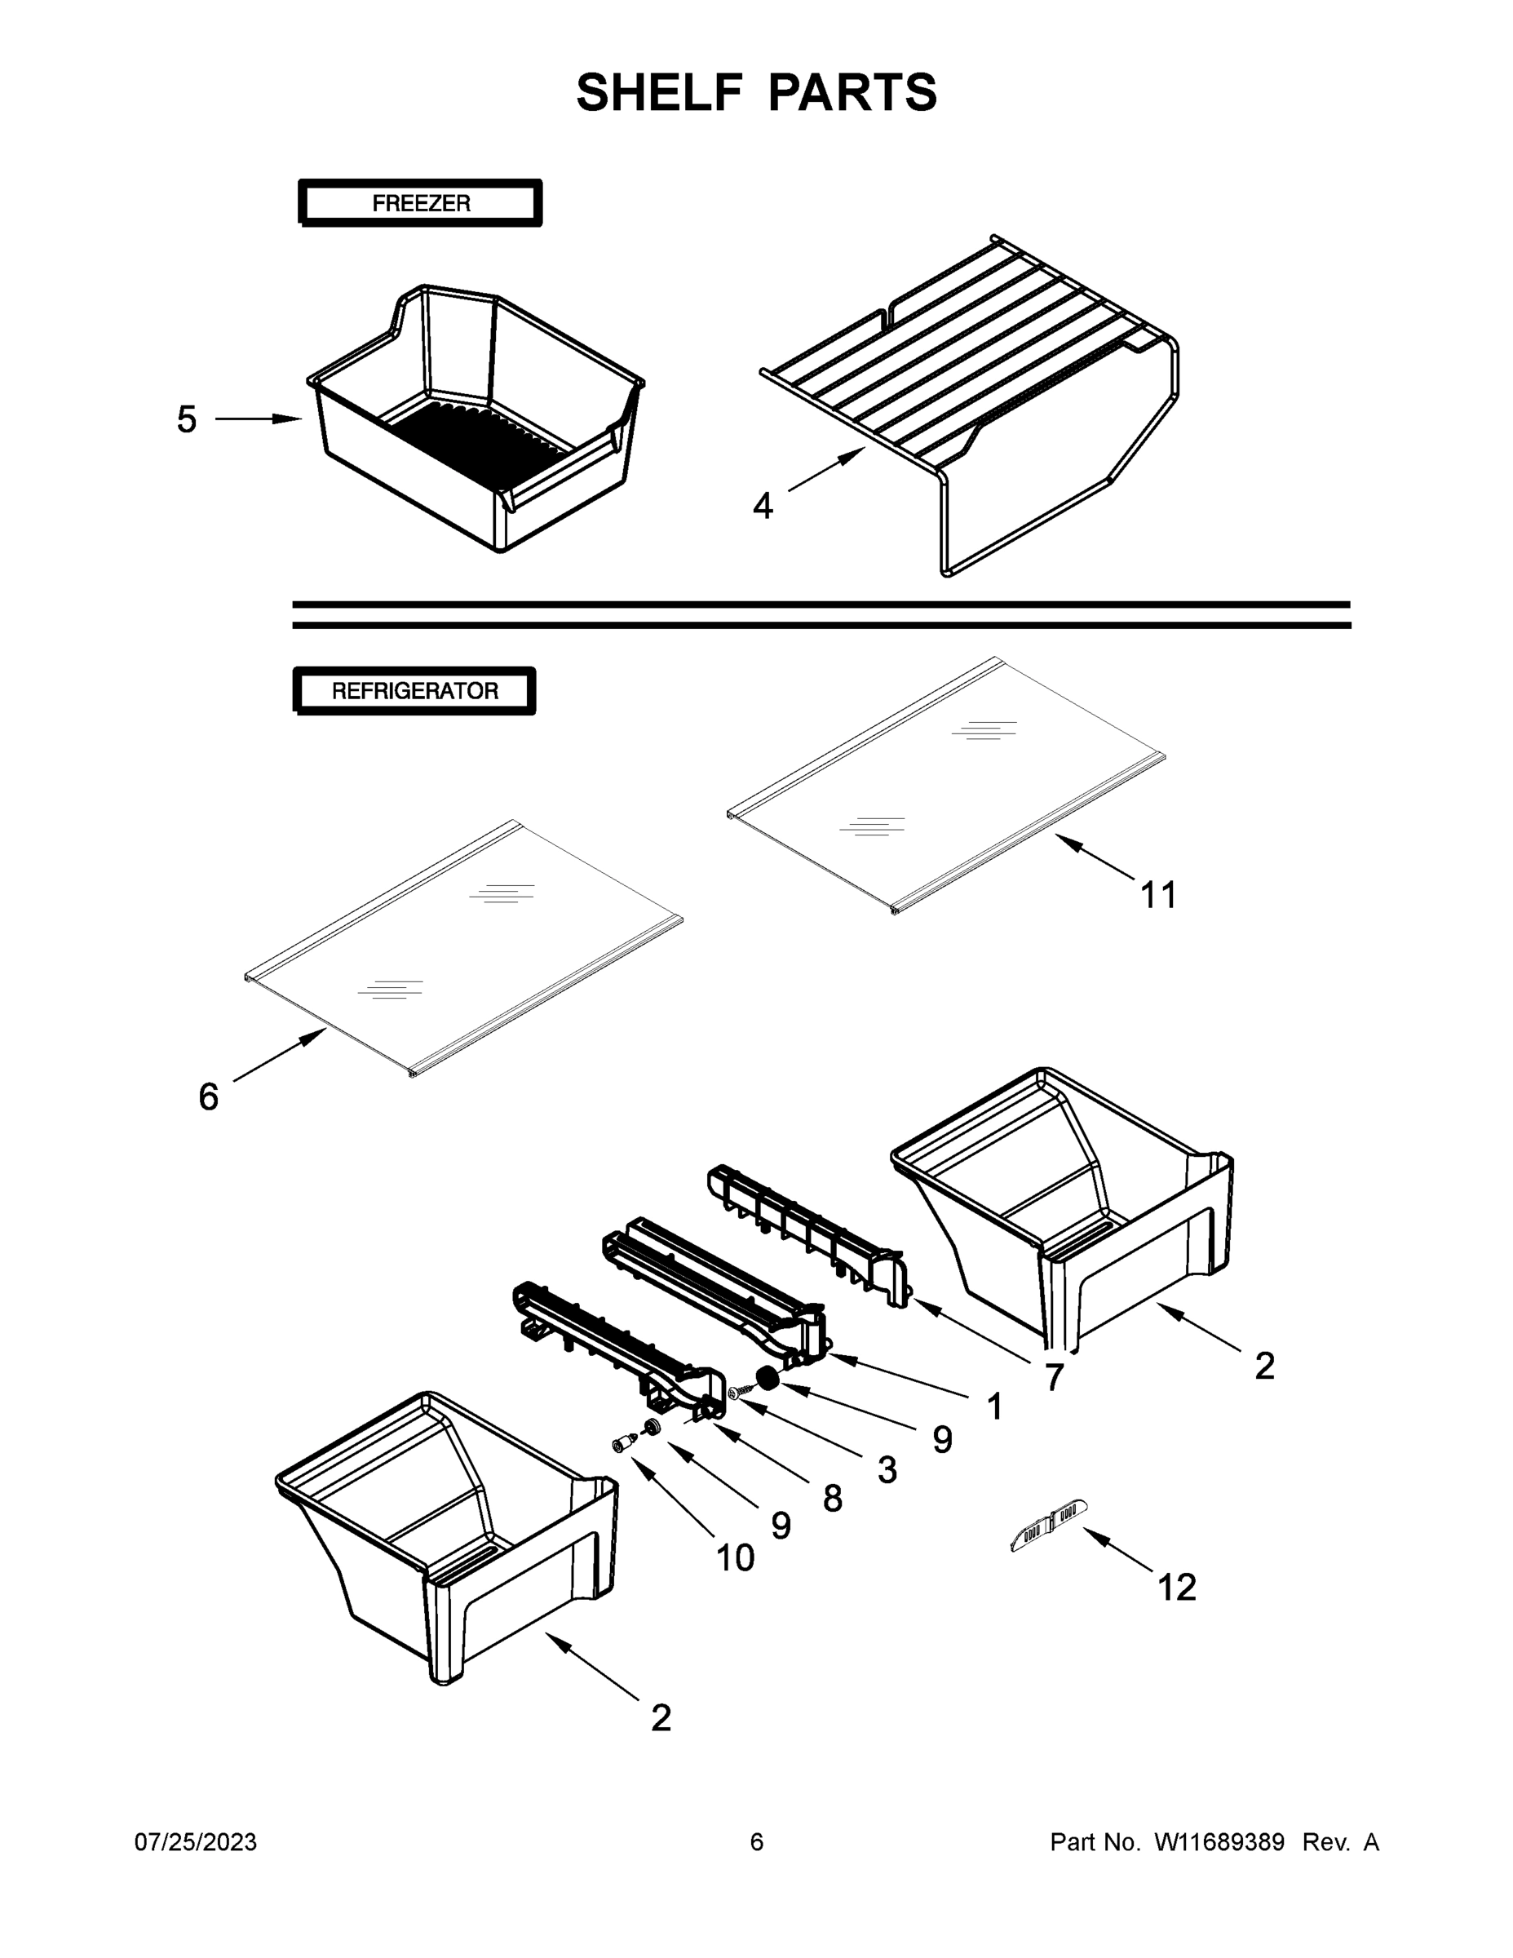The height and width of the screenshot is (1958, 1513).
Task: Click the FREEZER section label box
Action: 420,203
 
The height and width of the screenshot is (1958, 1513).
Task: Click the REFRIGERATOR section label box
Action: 414,691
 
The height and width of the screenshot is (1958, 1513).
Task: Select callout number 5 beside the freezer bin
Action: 187,419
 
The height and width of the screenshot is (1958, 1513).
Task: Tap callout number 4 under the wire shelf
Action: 763,507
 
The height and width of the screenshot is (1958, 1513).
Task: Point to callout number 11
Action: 1158,895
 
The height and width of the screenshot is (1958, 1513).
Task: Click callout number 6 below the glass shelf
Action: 208,1096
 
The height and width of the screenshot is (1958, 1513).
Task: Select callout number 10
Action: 735,1558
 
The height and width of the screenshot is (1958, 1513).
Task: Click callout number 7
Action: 1055,1377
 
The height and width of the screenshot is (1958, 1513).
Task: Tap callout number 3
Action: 887,1469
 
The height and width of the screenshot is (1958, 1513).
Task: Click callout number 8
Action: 833,1498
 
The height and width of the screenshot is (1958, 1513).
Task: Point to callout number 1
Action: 994,1407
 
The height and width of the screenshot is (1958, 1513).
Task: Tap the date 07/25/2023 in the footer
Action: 196,1842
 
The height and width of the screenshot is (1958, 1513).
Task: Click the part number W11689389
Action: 1219,1842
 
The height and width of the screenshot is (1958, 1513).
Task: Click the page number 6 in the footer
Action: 757,1842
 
